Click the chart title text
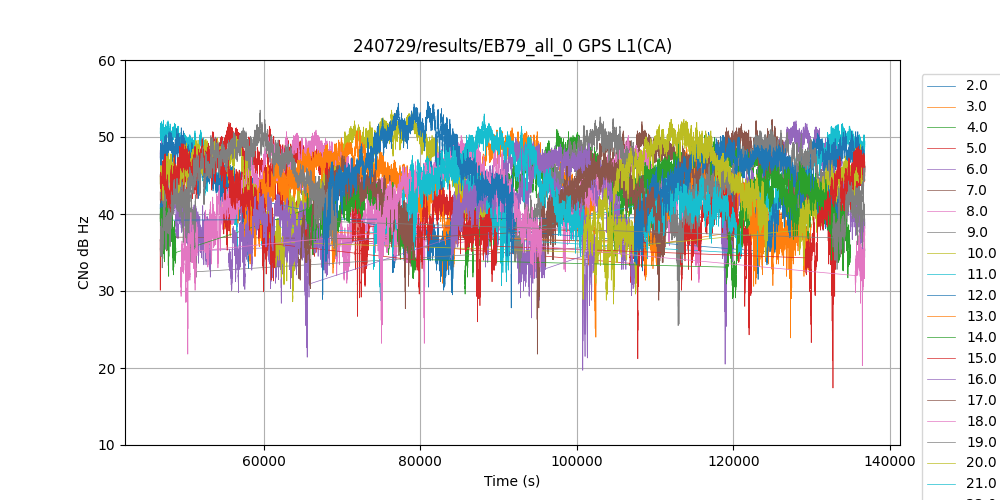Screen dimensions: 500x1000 [512, 46]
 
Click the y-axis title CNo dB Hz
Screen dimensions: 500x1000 [84, 253]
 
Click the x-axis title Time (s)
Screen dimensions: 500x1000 [512, 481]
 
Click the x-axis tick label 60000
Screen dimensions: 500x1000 [264, 461]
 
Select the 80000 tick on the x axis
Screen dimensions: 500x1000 [420, 461]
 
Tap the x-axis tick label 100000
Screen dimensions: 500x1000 [577, 461]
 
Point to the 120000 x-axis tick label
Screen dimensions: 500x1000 [733, 461]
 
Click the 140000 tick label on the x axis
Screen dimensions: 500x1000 [890, 461]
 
